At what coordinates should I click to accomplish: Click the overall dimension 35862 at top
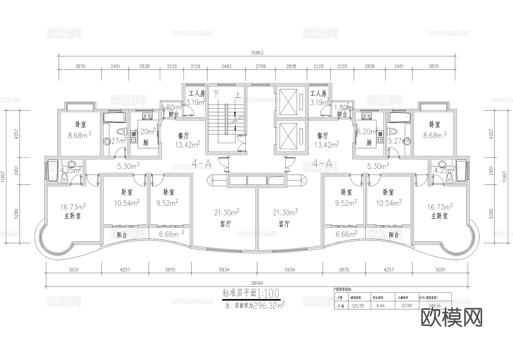point(257,53)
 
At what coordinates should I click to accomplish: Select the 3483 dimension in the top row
point(226,66)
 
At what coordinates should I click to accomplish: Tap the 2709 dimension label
point(260,66)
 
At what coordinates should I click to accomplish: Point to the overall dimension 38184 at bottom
point(257,283)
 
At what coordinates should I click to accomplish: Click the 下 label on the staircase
point(217,94)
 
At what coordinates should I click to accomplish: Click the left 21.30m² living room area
point(227,212)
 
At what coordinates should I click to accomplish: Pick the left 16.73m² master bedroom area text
point(73,207)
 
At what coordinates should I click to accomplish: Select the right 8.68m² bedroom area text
point(435,135)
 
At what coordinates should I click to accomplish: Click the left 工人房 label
point(197,93)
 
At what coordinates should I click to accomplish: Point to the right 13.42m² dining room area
point(326,145)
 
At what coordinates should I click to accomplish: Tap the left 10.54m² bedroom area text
point(127,203)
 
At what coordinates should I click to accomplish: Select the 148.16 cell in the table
point(435,306)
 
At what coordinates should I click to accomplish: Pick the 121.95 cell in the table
point(358,306)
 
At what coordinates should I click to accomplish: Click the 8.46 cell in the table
point(380,306)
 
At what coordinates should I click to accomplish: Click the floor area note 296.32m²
point(268,306)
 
